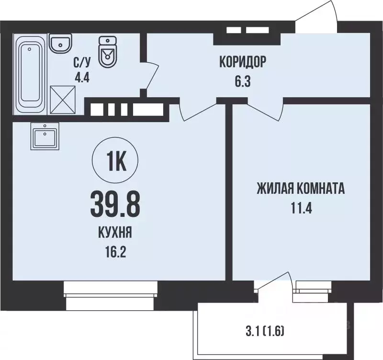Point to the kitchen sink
pos(45,136)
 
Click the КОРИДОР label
pos(242,62)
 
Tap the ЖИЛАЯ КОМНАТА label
pos(301,189)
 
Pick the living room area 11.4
pos(301,209)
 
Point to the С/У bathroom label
pos(81,61)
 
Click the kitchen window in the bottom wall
pos(111,294)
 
